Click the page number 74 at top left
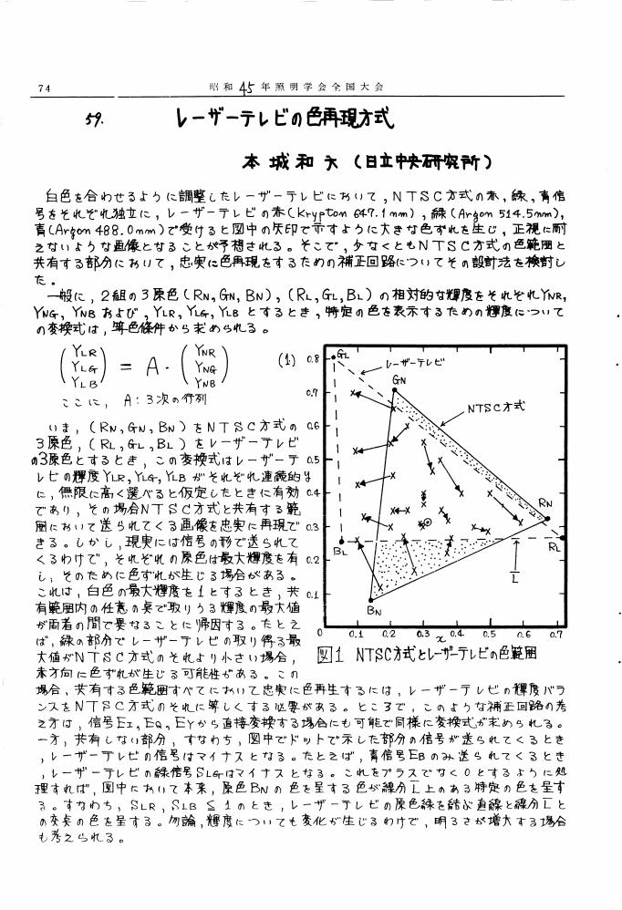click(42, 88)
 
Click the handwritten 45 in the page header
click(248, 88)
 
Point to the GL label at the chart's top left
click(343, 352)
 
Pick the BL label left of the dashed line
click(341, 552)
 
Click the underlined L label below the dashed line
click(514, 577)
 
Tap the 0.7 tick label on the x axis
click(555, 632)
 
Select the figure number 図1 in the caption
click(330, 654)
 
